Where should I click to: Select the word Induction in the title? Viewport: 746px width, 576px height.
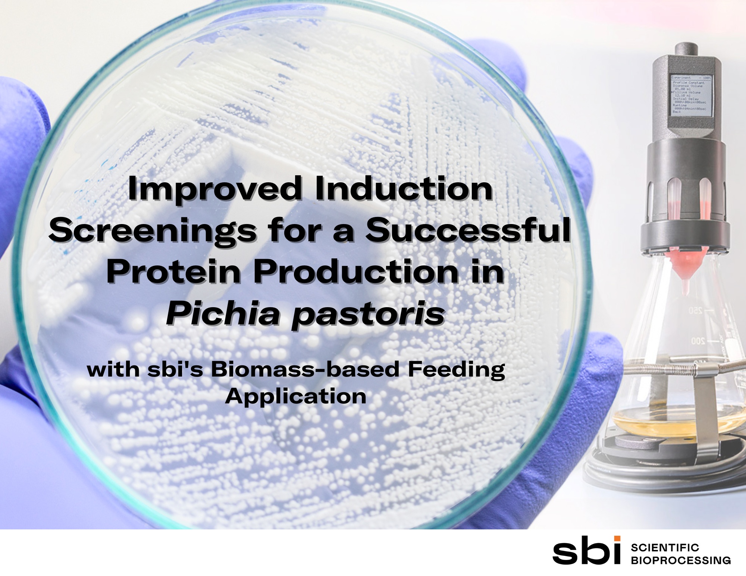click(x=404, y=189)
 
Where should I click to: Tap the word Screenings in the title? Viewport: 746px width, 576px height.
click(x=153, y=231)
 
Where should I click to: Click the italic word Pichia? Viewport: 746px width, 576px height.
click(x=223, y=314)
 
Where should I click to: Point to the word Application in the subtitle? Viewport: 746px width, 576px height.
click(x=296, y=396)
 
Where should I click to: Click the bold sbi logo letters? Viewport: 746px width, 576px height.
click(x=586, y=551)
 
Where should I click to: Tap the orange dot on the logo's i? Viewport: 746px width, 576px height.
click(x=617, y=538)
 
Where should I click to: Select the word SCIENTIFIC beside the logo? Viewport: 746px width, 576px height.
click(x=665, y=547)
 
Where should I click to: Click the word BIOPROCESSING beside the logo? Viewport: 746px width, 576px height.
click(x=681, y=560)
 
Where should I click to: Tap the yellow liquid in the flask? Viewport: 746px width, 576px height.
click(x=671, y=419)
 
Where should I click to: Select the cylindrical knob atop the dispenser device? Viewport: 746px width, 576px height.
click(x=686, y=49)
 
